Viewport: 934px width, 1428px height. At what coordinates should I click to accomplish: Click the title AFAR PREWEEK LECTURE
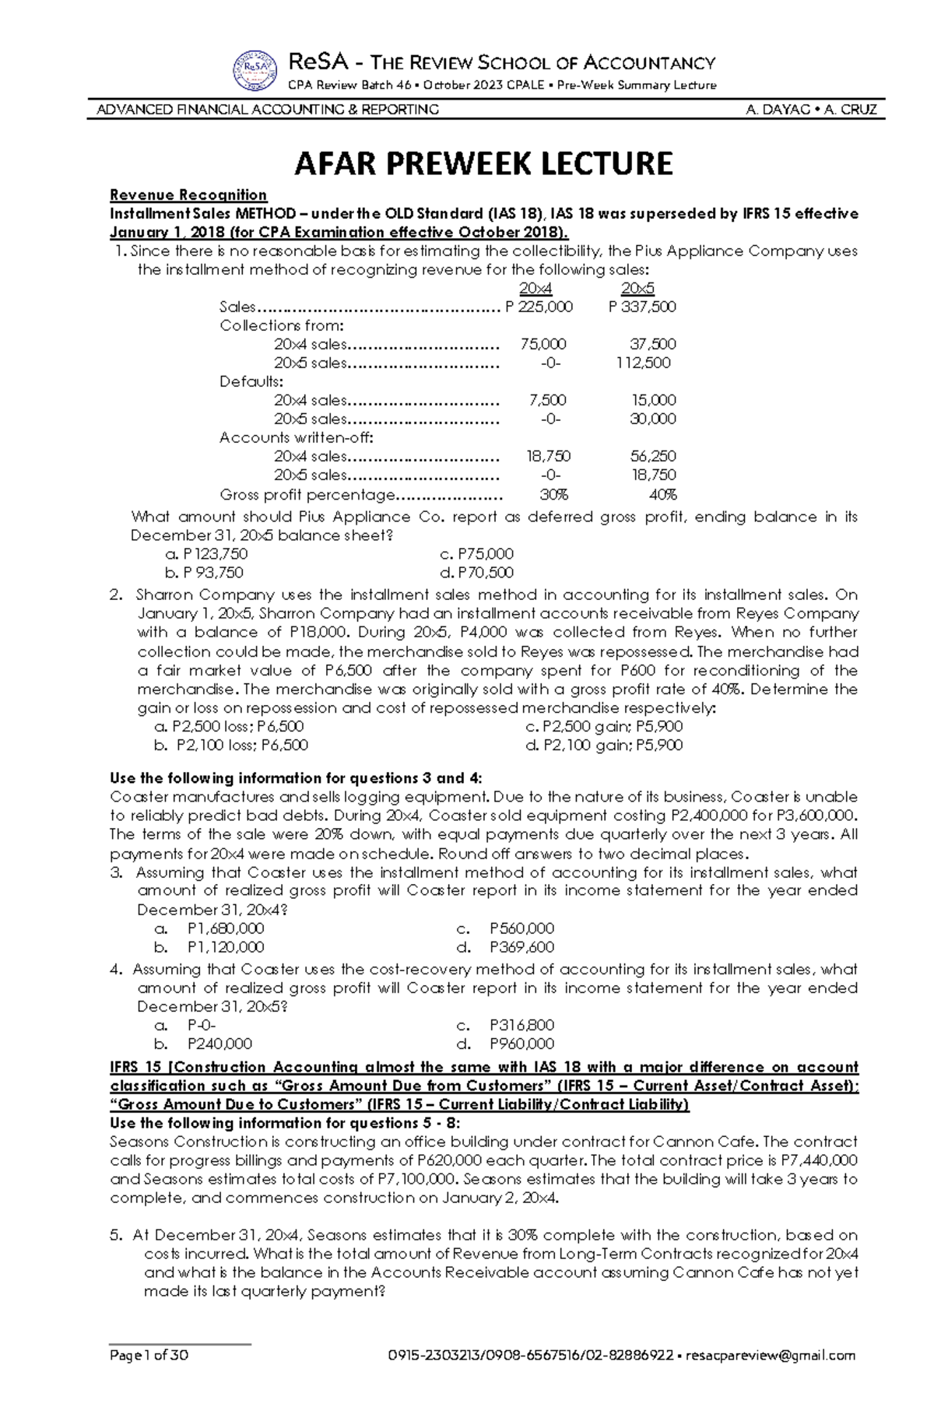click(x=483, y=163)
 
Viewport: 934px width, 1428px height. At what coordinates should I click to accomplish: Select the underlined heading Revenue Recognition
click(x=188, y=195)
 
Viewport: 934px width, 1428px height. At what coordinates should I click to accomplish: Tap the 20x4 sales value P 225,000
click(x=539, y=307)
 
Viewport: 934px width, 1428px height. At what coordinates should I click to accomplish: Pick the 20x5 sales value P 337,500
click(x=642, y=307)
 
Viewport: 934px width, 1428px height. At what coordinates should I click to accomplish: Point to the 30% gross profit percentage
click(x=554, y=494)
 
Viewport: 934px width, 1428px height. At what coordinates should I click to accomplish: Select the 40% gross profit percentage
click(x=663, y=494)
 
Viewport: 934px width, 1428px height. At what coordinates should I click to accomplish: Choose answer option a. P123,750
click(x=206, y=554)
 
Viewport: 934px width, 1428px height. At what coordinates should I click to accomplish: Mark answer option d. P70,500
click(x=476, y=573)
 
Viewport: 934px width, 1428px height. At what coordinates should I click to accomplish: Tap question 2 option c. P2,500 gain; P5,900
click(x=604, y=726)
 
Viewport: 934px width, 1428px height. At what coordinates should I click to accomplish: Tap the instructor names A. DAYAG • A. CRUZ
click(x=810, y=110)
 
